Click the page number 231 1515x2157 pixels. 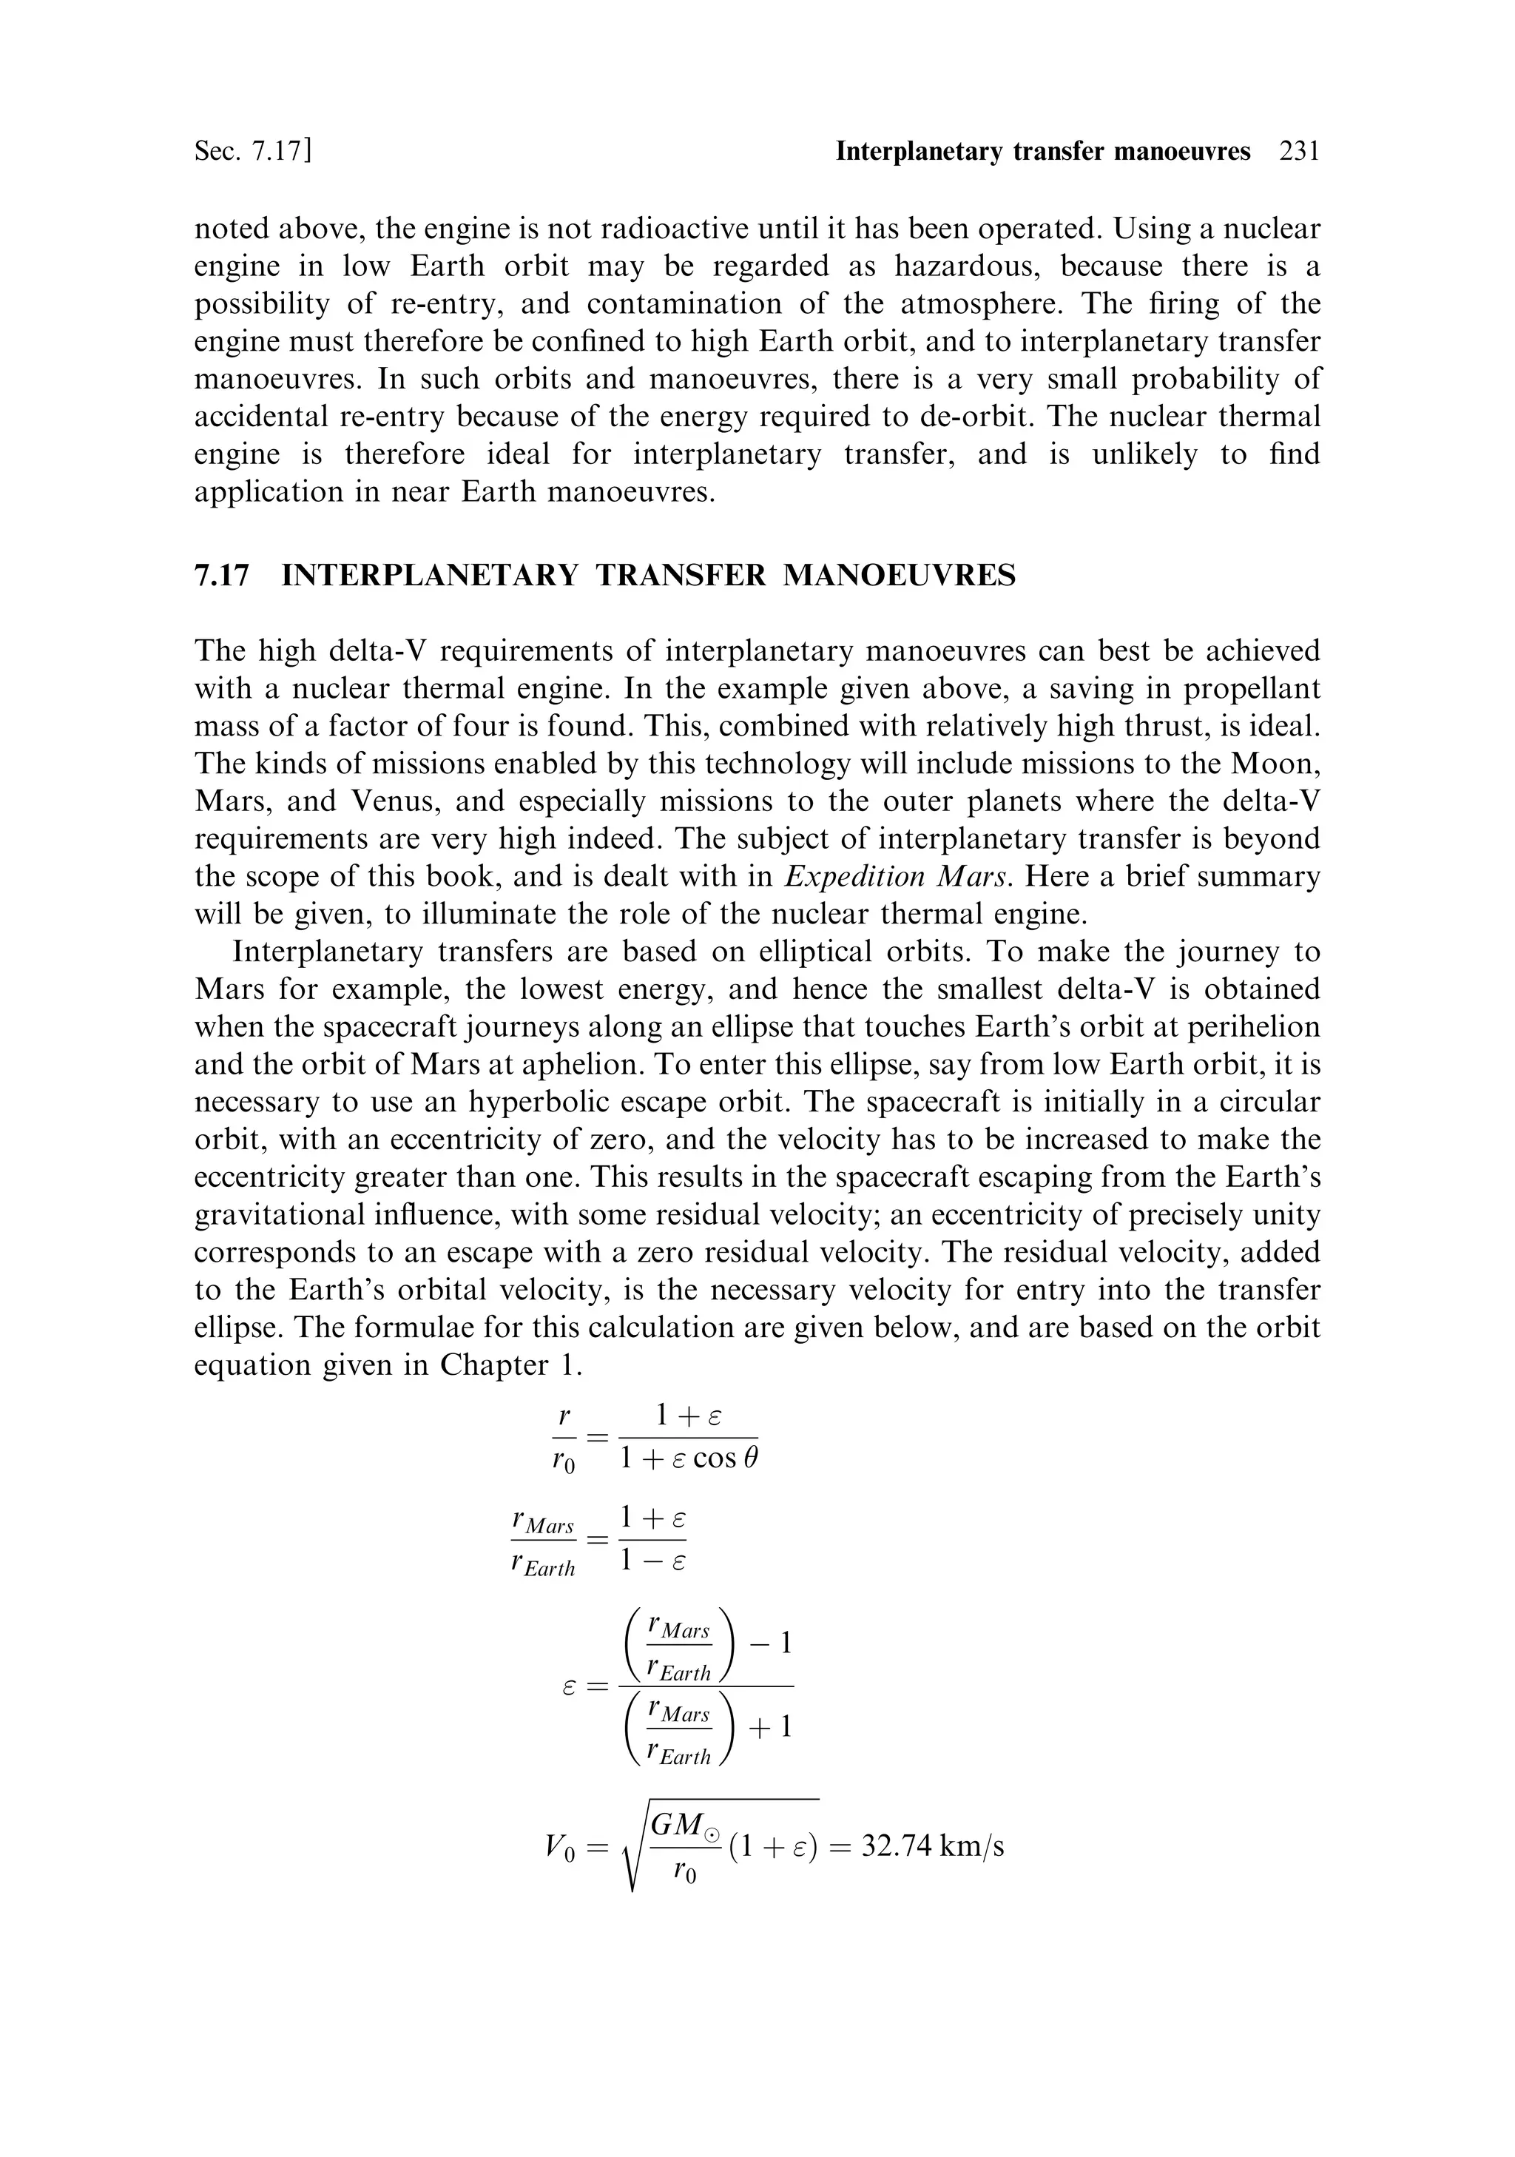(1299, 151)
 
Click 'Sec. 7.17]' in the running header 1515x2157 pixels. (253, 151)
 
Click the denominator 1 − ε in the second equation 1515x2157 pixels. (652, 1561)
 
